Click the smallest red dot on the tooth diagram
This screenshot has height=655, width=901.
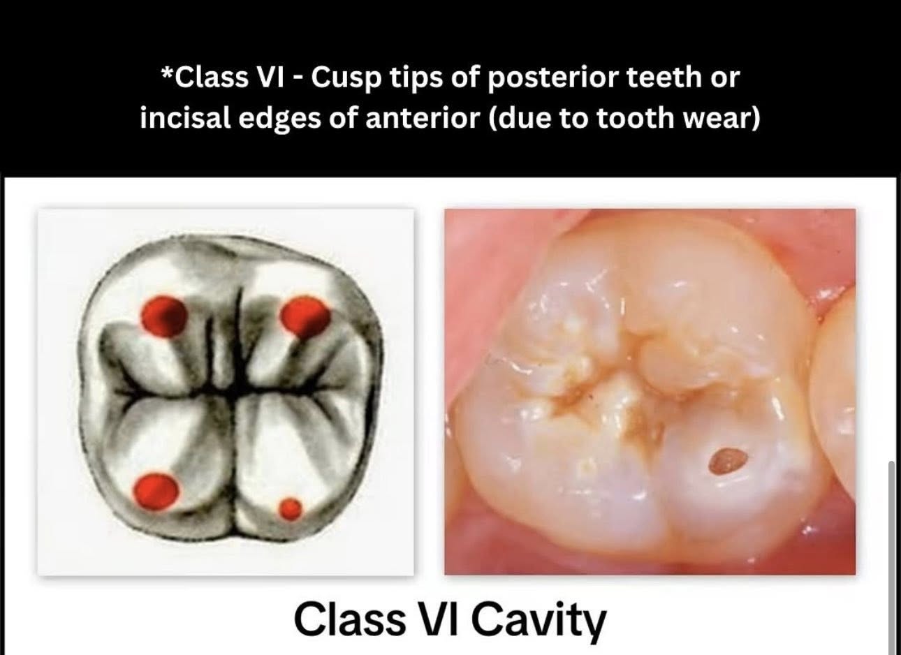click(291, 508)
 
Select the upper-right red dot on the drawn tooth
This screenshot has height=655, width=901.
click(305, 316)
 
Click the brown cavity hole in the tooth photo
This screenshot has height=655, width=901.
click(728, 461)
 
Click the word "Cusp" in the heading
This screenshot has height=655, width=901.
click(346, 78)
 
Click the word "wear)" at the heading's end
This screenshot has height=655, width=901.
click(720, 119)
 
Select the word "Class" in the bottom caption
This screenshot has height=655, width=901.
click(350, 619)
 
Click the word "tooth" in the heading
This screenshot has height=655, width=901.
click(635, 118)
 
